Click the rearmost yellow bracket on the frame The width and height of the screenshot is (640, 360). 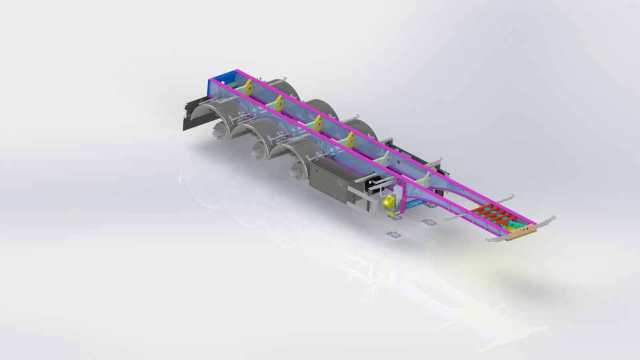tap(248, 87)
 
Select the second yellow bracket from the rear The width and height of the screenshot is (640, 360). tap(280, 103)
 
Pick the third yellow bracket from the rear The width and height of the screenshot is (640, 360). tap(318, 123)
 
